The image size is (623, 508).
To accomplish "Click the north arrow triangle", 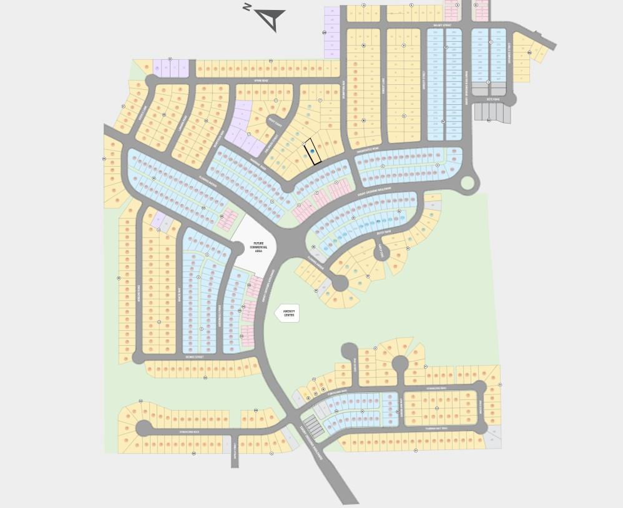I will click(x=271, y=19).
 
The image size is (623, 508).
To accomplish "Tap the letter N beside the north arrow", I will click(x=248, y=7).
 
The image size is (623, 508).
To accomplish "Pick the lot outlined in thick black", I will click(x=313, y=152).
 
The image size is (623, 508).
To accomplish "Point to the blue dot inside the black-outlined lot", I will click(x=311, y=143).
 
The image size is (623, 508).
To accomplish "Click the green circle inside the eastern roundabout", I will click(x=467, y=183).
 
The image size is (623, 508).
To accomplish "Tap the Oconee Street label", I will click(x=195, y=357).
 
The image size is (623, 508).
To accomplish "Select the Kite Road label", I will click(x=493, y=99).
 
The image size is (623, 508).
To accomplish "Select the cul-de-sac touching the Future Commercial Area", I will click(x=239, y=248).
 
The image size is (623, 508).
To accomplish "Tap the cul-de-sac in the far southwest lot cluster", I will click(x=144, y=428).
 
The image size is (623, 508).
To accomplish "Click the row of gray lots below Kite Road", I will click(x=493, y=112).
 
